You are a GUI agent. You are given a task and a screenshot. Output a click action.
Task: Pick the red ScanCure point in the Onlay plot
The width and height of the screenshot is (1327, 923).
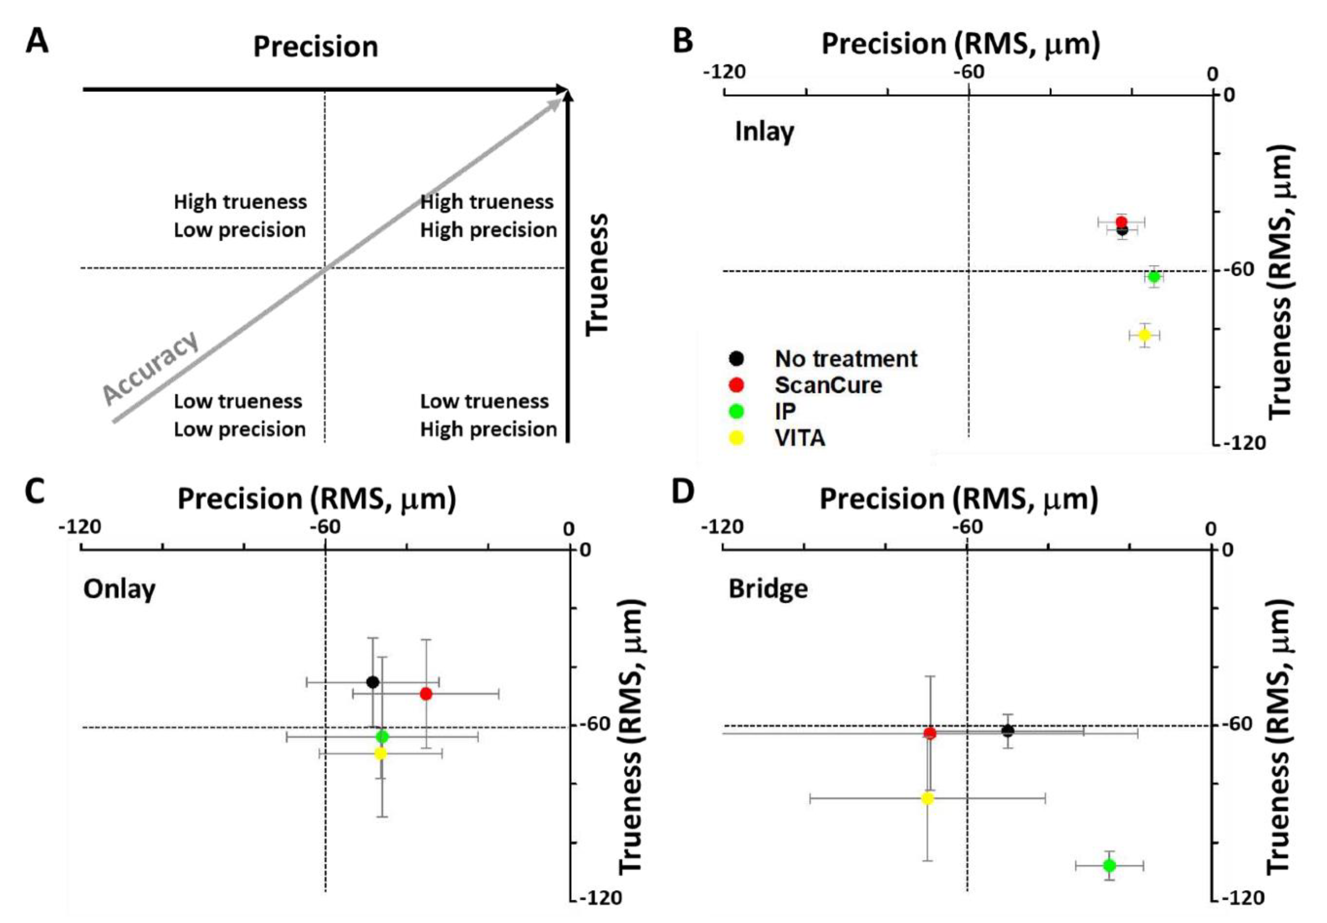[x=426, y=694]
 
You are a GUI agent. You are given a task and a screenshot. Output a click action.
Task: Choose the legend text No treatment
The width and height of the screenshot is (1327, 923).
[x=845, y=359]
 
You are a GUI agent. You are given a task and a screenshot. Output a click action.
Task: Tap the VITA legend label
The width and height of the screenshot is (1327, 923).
[x=800, y=438]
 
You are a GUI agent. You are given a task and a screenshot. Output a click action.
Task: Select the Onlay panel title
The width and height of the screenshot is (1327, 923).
[x=120, y=590]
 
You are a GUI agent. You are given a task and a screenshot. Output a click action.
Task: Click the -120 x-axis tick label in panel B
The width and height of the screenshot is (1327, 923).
[x=724, y=73]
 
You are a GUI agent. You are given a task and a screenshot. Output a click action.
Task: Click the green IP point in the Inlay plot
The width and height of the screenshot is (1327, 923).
[x=1154, y=277]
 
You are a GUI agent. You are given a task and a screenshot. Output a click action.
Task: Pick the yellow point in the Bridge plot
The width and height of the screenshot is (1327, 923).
[x=928, y=798]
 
